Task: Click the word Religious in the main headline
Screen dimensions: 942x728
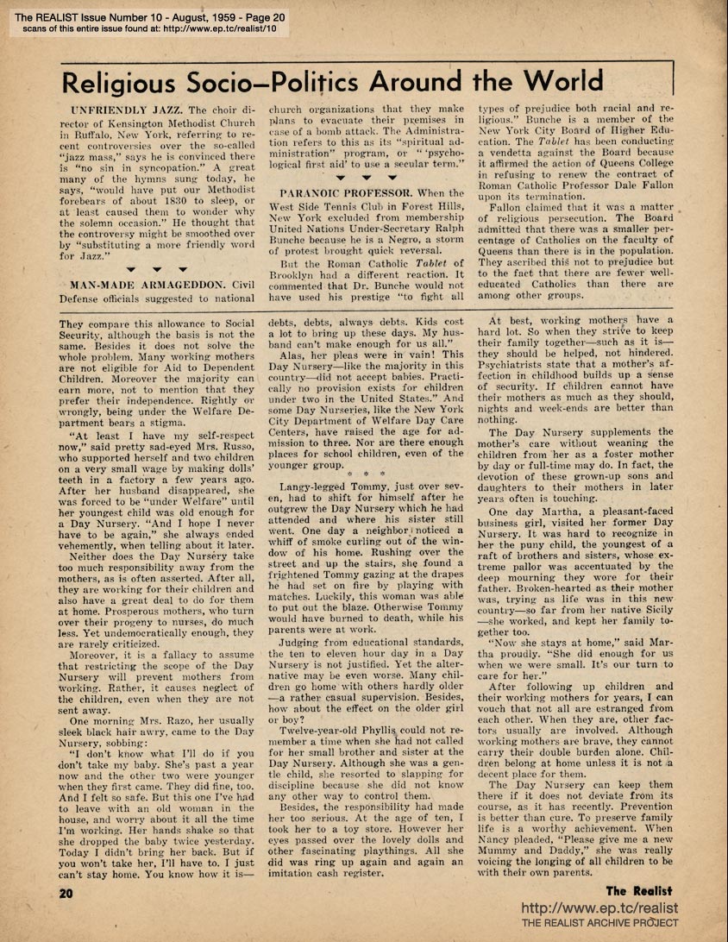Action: (x=124, y=83)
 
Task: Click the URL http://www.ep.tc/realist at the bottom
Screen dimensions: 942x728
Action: (x=599, y=908)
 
